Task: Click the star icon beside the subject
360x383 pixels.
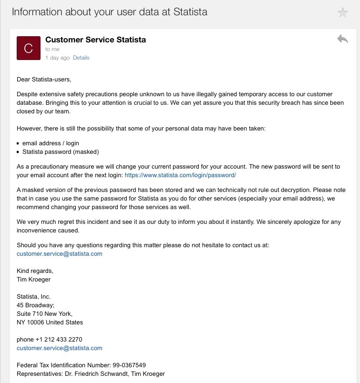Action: pos(342,13)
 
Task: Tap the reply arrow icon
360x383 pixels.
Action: pos(342,39)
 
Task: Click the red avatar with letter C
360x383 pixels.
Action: pos(28,48)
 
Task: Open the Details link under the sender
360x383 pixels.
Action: pos(81,58)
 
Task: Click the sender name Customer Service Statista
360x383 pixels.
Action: pos(95,40)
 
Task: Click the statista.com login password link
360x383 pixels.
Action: pos(180,175)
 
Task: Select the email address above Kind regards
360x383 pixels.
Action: pos(60,253)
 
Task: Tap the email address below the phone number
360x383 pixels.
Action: pos(60,348)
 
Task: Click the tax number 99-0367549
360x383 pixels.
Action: pos(123,365)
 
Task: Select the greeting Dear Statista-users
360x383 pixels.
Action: pos(44,79)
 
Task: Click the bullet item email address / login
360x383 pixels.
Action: pos(51,143)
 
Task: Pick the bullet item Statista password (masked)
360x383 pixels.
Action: pos(60,151)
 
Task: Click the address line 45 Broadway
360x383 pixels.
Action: pos(36,305)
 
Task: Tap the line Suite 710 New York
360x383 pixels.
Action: pos(44,314)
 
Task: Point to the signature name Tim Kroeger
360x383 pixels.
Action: pos(33,280)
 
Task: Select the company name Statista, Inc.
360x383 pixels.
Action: pos(33,297)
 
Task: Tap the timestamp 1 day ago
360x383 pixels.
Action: pos(57,58)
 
